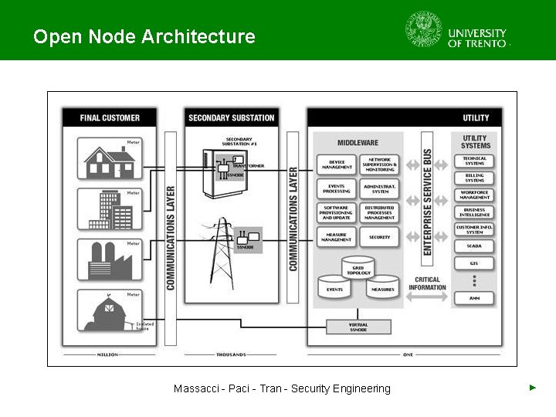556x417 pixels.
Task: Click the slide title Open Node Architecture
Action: (144, 36)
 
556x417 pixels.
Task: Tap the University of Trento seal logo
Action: (424, 29)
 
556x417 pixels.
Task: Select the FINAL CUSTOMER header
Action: (110, 117)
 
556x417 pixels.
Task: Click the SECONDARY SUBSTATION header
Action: (231, 117)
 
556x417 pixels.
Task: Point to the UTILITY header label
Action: (476, 117)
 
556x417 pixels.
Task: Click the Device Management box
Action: (337, 164)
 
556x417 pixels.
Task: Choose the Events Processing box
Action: (337, 188)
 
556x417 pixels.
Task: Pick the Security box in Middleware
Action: (379, 237)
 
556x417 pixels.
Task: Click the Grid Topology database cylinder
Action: (358, 267)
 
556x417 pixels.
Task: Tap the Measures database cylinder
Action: (382, 287)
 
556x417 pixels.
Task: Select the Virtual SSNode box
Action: (358, 327)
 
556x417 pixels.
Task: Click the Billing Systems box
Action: (474, 178)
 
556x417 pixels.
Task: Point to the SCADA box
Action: (474, 246)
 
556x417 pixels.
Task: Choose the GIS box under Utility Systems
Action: (474, 263)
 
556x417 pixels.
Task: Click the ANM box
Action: (474, 297)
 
